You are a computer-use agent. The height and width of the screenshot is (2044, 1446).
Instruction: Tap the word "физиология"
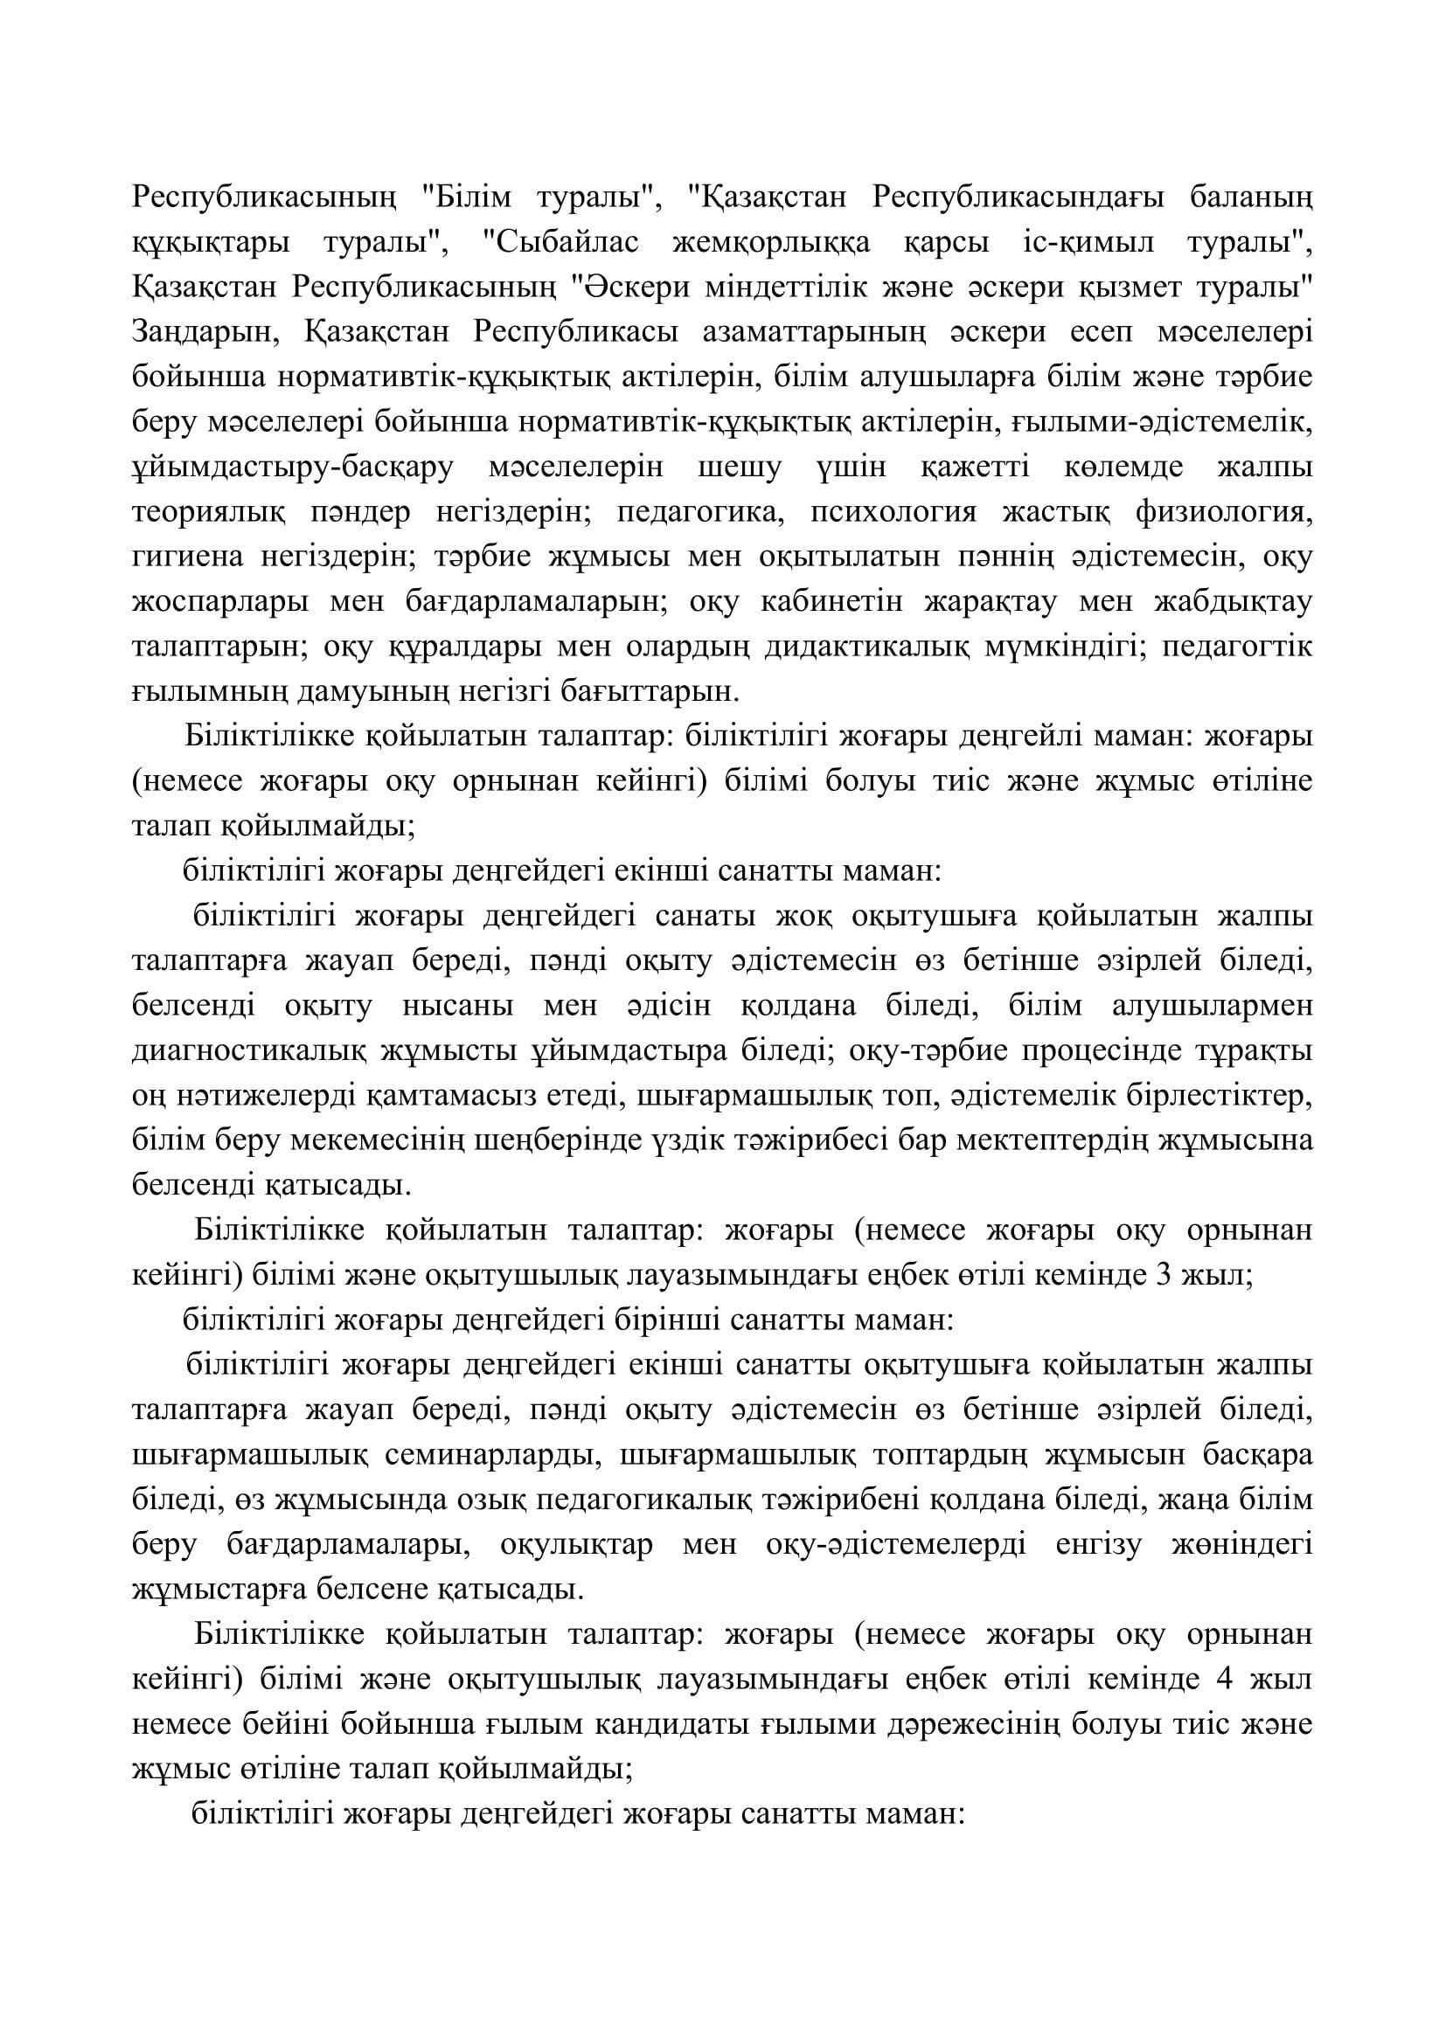coord(1224,513)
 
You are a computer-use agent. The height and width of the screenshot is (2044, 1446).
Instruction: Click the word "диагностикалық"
coord(248,1051)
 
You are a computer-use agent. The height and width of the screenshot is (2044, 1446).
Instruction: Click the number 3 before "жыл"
coord(1162,1276)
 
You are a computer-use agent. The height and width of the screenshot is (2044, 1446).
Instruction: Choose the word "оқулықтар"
coord(576,1546)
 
